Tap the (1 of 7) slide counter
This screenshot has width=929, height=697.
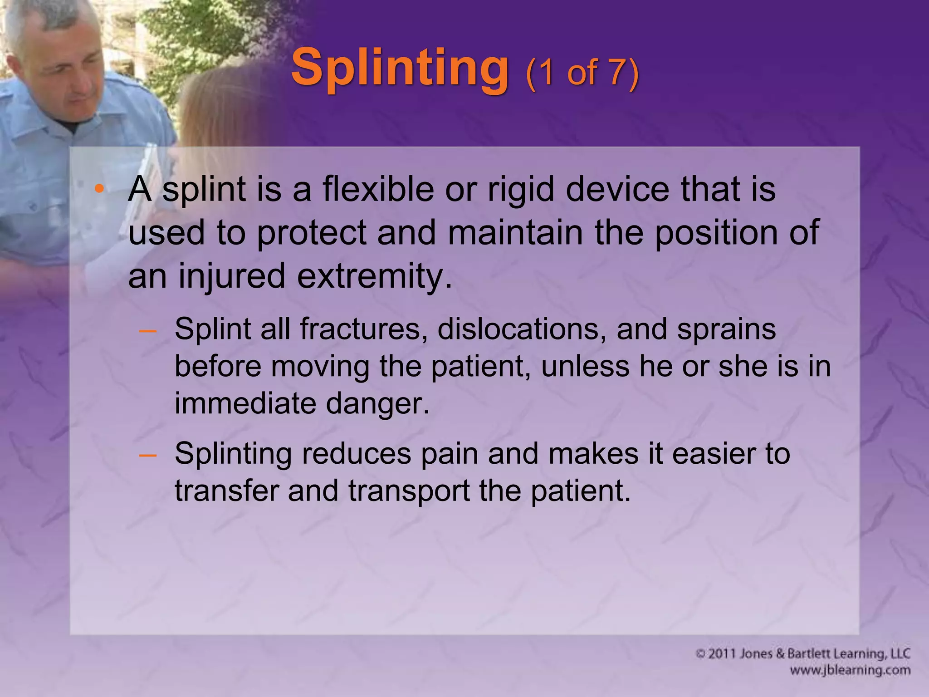click(x=582, y=73)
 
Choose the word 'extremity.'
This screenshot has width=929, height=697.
click(x=375, y=276)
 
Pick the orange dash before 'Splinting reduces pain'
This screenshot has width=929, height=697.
click(x=148, y=454)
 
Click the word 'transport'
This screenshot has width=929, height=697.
click(x=409, y=491)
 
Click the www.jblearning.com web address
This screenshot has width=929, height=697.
click(x=850, y=670)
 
